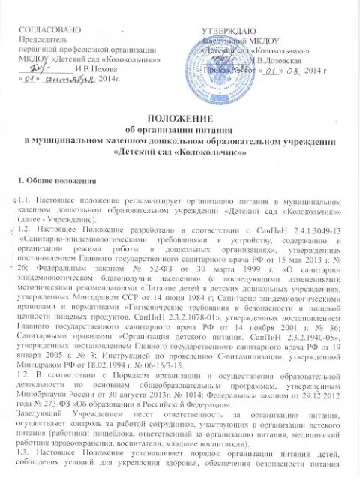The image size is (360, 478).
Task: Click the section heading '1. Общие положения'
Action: pos(55,182)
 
